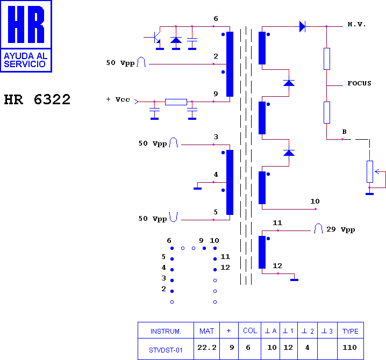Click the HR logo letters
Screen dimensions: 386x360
tap(26, 24)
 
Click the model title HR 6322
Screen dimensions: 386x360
tap(37, 99)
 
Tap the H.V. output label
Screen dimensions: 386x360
tap(356, 24)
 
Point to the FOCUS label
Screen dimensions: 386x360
tap(359, 83)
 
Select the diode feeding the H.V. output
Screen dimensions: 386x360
tap(302, 26)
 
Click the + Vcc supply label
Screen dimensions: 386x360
tap(118, 99)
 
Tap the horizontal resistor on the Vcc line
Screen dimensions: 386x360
tap(176, 102)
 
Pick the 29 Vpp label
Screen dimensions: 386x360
tap(340, 229)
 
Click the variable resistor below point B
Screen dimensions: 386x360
tap(370, 171)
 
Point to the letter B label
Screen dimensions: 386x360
tap(345, 132)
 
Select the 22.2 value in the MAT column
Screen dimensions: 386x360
tap(207, 348)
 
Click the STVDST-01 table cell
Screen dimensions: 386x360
tap(166, 350)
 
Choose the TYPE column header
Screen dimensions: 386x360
tap(351, 331)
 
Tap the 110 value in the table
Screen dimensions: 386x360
tap(349, 348)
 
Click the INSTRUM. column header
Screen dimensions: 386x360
tap(166, 332)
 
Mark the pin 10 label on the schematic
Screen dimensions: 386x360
tap(315, 201)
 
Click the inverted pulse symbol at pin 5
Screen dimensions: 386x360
tap(174, 217)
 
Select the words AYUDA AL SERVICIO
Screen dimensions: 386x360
tap(25, 60)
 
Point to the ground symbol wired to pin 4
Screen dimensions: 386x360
tap(197, 189)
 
